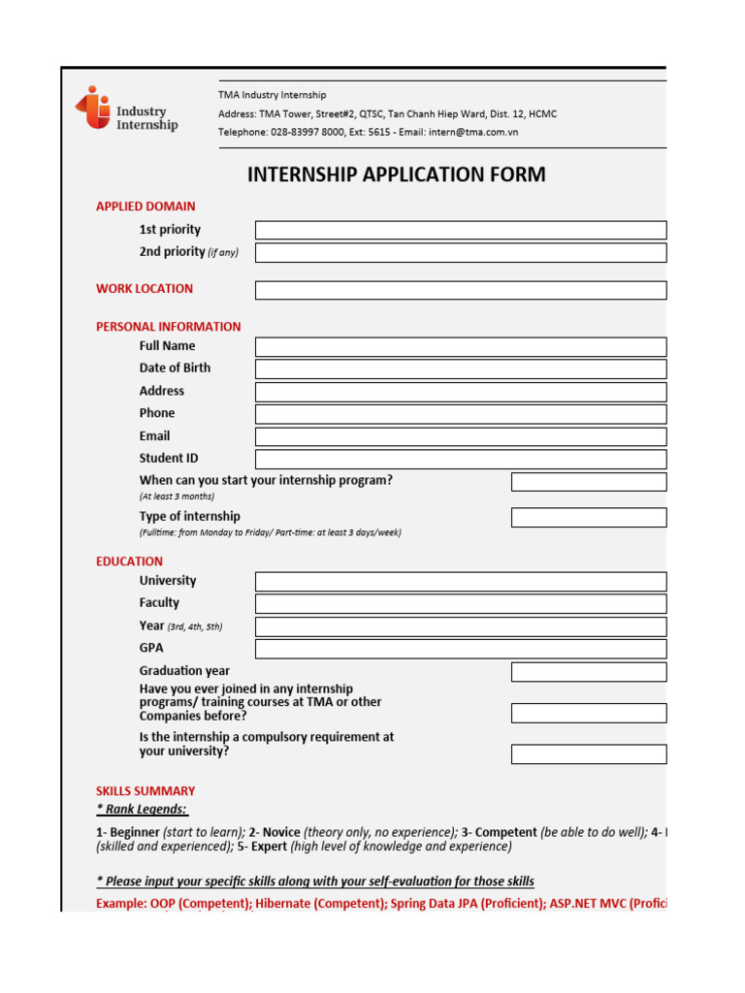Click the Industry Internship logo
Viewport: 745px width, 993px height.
pos(127,111)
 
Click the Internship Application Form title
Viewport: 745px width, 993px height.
pos(396,175)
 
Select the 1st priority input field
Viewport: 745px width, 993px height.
pos(461,230)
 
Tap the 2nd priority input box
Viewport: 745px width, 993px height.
pos(461,252)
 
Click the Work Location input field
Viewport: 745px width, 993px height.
pos(461,290)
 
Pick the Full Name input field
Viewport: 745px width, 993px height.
pos(461,346)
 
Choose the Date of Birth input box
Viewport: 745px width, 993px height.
pos(461,368)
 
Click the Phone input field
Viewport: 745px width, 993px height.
pos(461,414)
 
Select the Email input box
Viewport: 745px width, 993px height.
pos(461,436)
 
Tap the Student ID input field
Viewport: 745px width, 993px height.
pos(461,459)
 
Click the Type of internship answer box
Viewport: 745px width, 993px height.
pos(589,517)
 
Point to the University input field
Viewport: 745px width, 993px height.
pos(461,581)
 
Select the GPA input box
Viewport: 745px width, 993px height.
pos(461,649)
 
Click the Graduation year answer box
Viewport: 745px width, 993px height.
pos(589,672)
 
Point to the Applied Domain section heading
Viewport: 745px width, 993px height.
pos(146,207)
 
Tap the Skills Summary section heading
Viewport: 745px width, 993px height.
pos(146,791)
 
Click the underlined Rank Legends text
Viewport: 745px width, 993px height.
pos(142,809)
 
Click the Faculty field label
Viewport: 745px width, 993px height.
pos(159,603)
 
